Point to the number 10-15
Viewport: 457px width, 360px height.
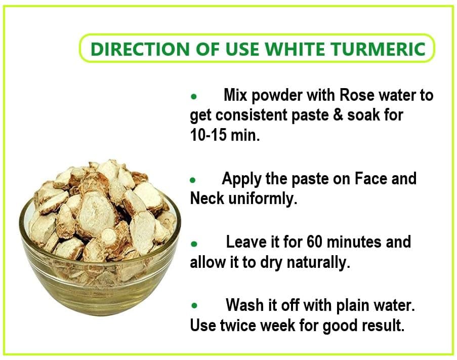pyautogui.click(x=208, y=135)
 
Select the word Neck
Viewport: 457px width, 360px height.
pyautogui.click(x=207, y=198)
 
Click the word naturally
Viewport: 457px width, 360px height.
pyautogui.click(x=318, y=263)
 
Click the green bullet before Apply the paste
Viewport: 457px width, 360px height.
pyautogui.click(x=193, y=180)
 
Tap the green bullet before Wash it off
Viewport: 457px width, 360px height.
pyautogui.click(x=194, y=306)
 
